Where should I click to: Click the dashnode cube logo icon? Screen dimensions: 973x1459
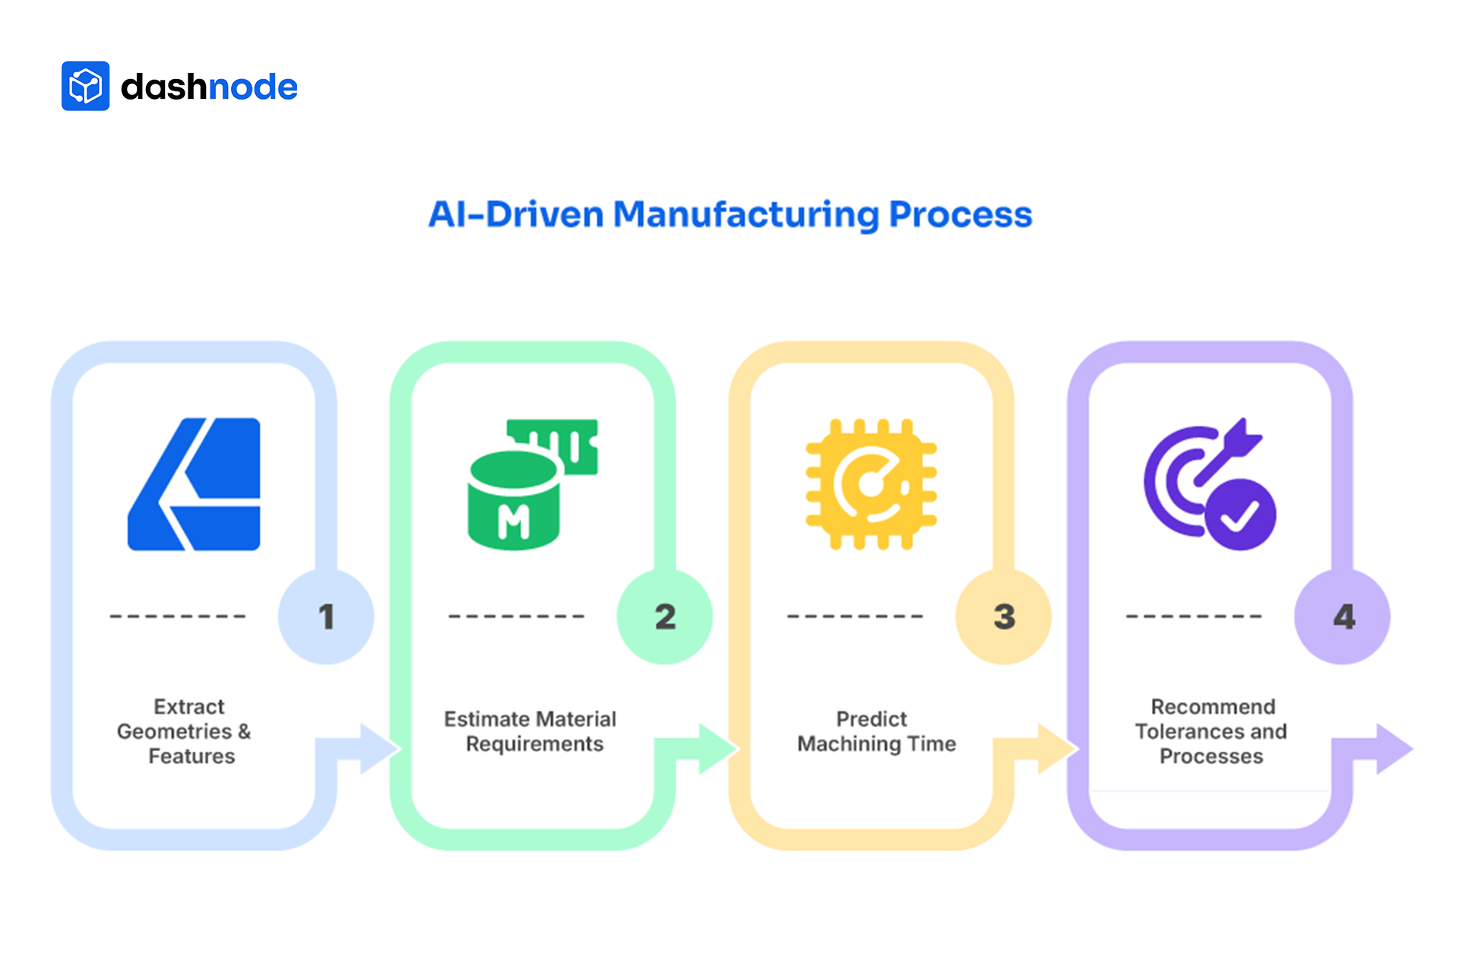(85, 86)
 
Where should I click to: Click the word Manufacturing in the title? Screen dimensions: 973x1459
(745, 214)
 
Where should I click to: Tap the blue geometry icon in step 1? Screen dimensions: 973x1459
(195, 484)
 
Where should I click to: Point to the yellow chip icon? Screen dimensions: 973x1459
(871, 484)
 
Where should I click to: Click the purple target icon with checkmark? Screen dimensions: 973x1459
(1210, 484)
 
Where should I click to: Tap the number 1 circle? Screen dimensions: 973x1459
(326, 616)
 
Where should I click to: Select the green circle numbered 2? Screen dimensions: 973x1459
(665, 616)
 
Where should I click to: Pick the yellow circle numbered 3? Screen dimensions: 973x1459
(1004, 616)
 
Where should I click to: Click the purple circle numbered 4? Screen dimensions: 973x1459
(1343, 616)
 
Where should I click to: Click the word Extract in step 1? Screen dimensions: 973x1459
(189, 707)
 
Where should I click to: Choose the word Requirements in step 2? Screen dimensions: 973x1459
(534, 744)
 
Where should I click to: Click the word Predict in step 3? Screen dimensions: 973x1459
(872, 719)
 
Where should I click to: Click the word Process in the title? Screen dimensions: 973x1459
(961, 214)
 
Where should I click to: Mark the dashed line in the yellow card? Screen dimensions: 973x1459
(855, 616)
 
